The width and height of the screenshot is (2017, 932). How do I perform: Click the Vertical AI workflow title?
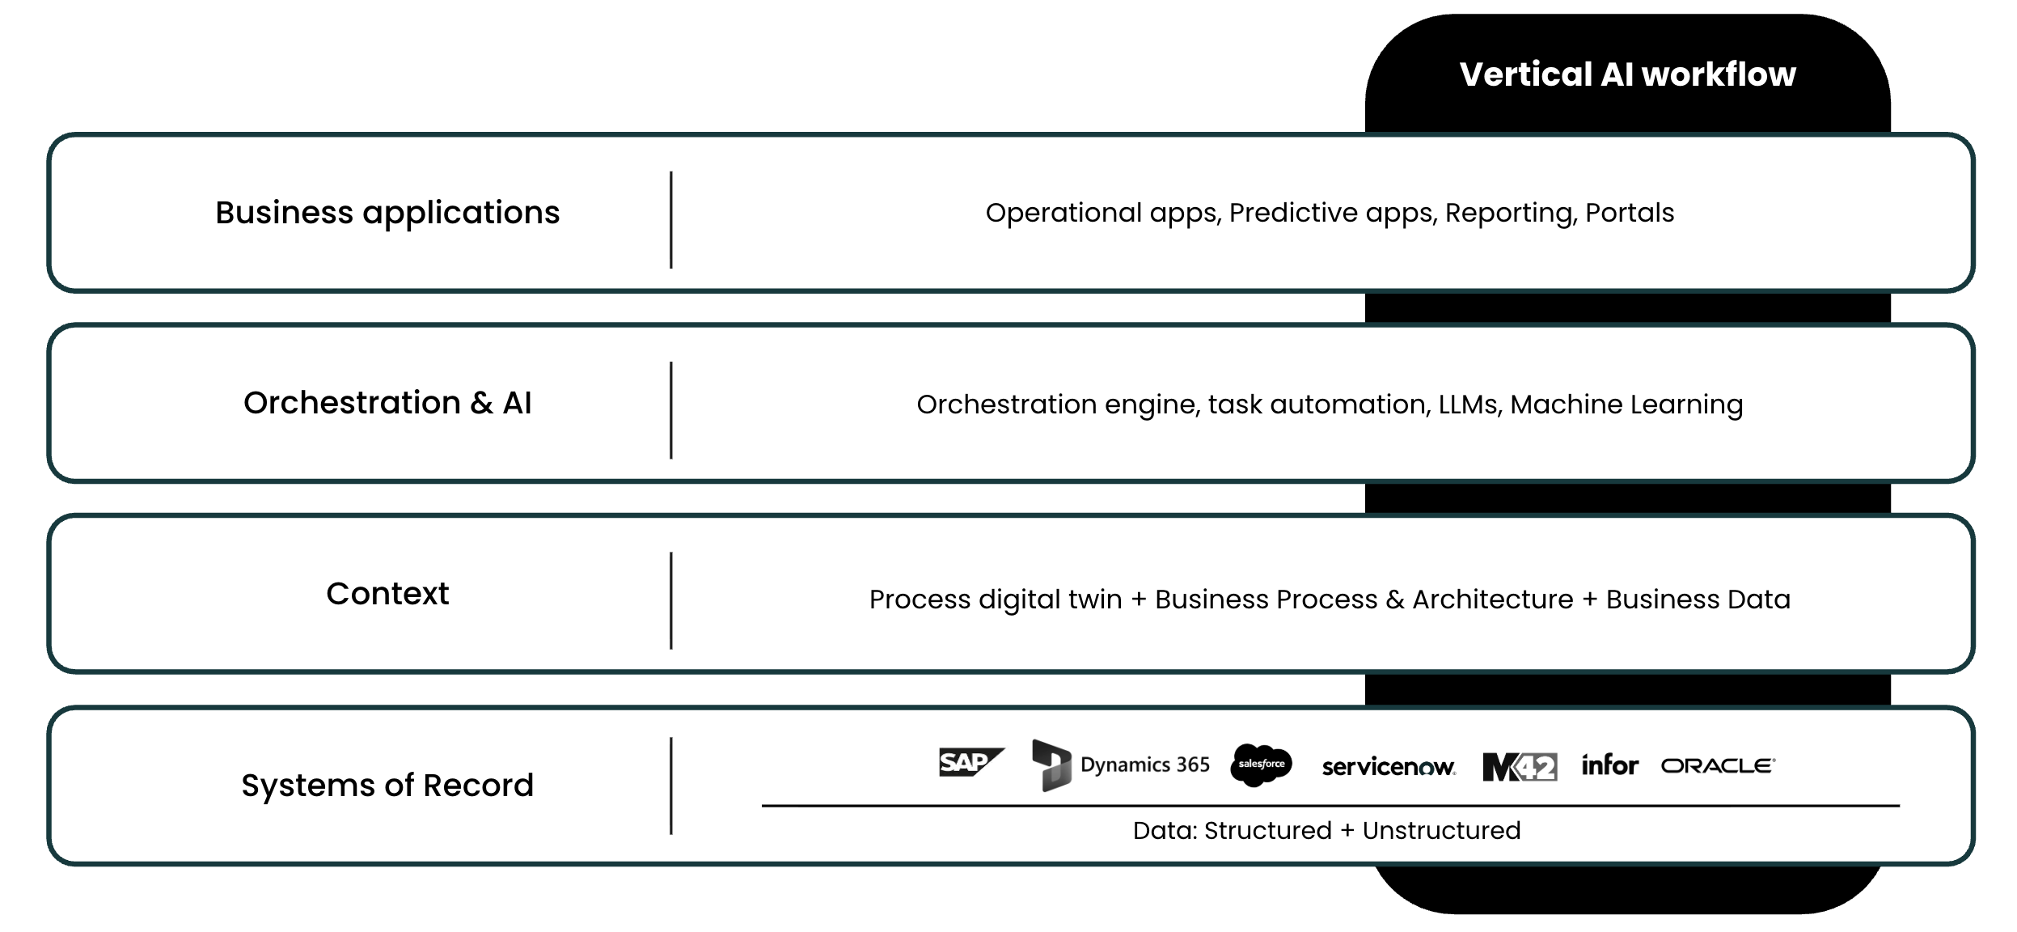point(1627,74)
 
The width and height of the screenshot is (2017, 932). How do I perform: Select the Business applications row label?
point(387,213)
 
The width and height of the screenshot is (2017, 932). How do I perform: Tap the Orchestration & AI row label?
point(387,403)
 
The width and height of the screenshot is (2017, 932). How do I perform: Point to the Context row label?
point(387,594)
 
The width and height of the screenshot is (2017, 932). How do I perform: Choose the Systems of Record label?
point(387,785)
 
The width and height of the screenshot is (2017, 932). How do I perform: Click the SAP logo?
point(970,762)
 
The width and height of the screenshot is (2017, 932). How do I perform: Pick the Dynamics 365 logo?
point(1121,765)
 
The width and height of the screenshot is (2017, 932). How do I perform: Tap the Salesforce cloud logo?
point(1261,764)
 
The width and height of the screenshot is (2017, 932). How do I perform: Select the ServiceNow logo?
point(1388,766)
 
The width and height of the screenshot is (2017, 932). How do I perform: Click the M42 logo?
point(1519,766)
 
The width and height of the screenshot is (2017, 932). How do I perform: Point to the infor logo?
point(1609,765)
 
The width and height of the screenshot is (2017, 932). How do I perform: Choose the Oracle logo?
point(1718,765)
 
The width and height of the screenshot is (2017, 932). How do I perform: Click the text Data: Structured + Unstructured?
point(1326,830)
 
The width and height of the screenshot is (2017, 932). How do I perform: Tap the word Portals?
point(1629,213)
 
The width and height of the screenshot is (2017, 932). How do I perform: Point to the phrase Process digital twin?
point(995,599)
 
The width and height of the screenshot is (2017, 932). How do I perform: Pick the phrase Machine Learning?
point(1626,405)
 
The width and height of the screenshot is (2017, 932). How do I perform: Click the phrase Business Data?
point(1698,599)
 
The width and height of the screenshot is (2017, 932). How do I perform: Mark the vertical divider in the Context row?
point(671,600)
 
